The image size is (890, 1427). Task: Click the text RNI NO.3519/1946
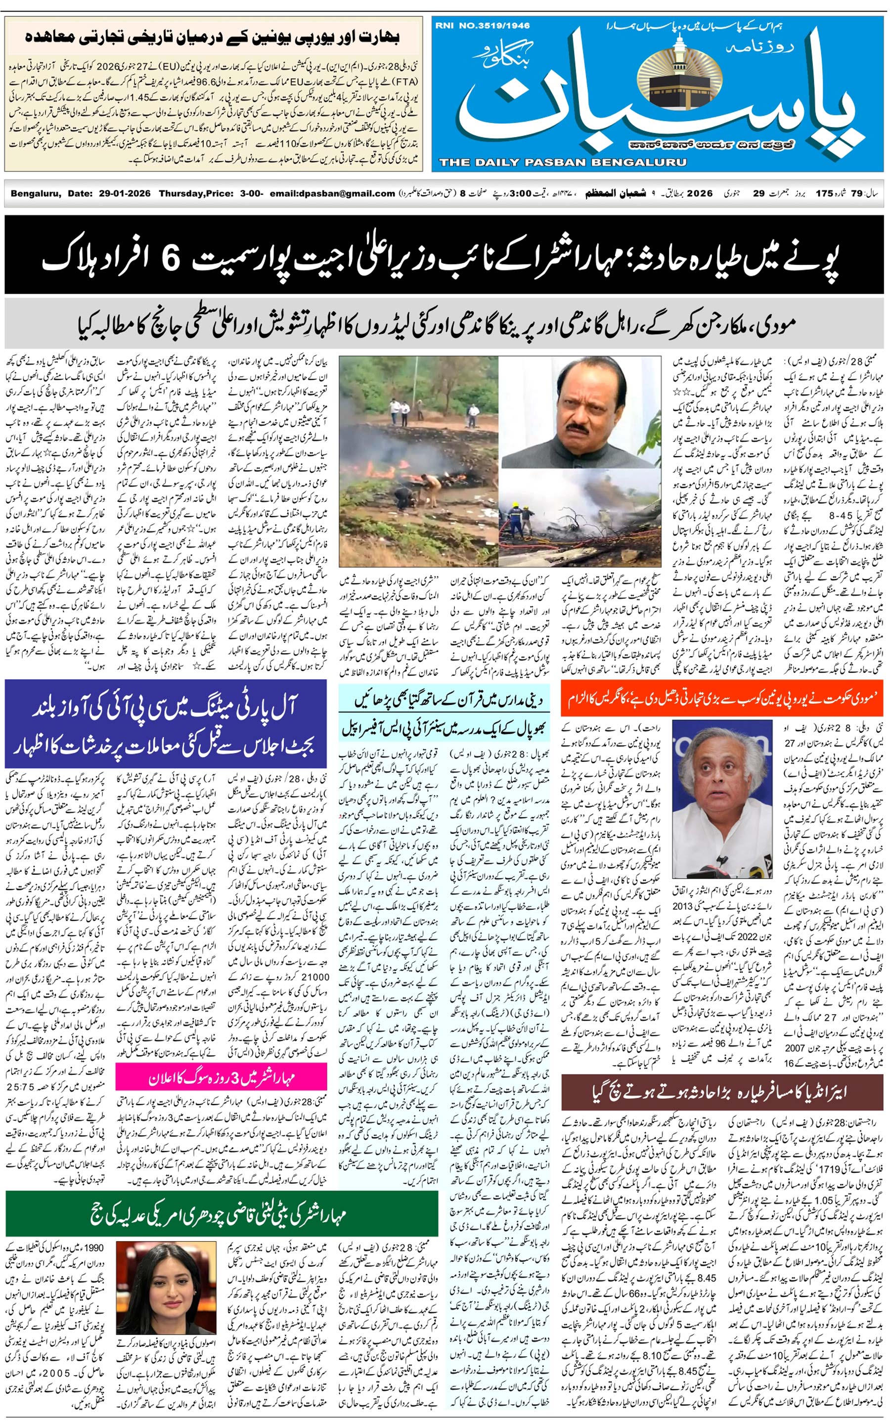[483, 26]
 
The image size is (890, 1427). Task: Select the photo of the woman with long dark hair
[166, 1295]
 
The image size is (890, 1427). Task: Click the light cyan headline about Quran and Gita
[445, 699]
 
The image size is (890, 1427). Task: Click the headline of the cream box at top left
[213, 37]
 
